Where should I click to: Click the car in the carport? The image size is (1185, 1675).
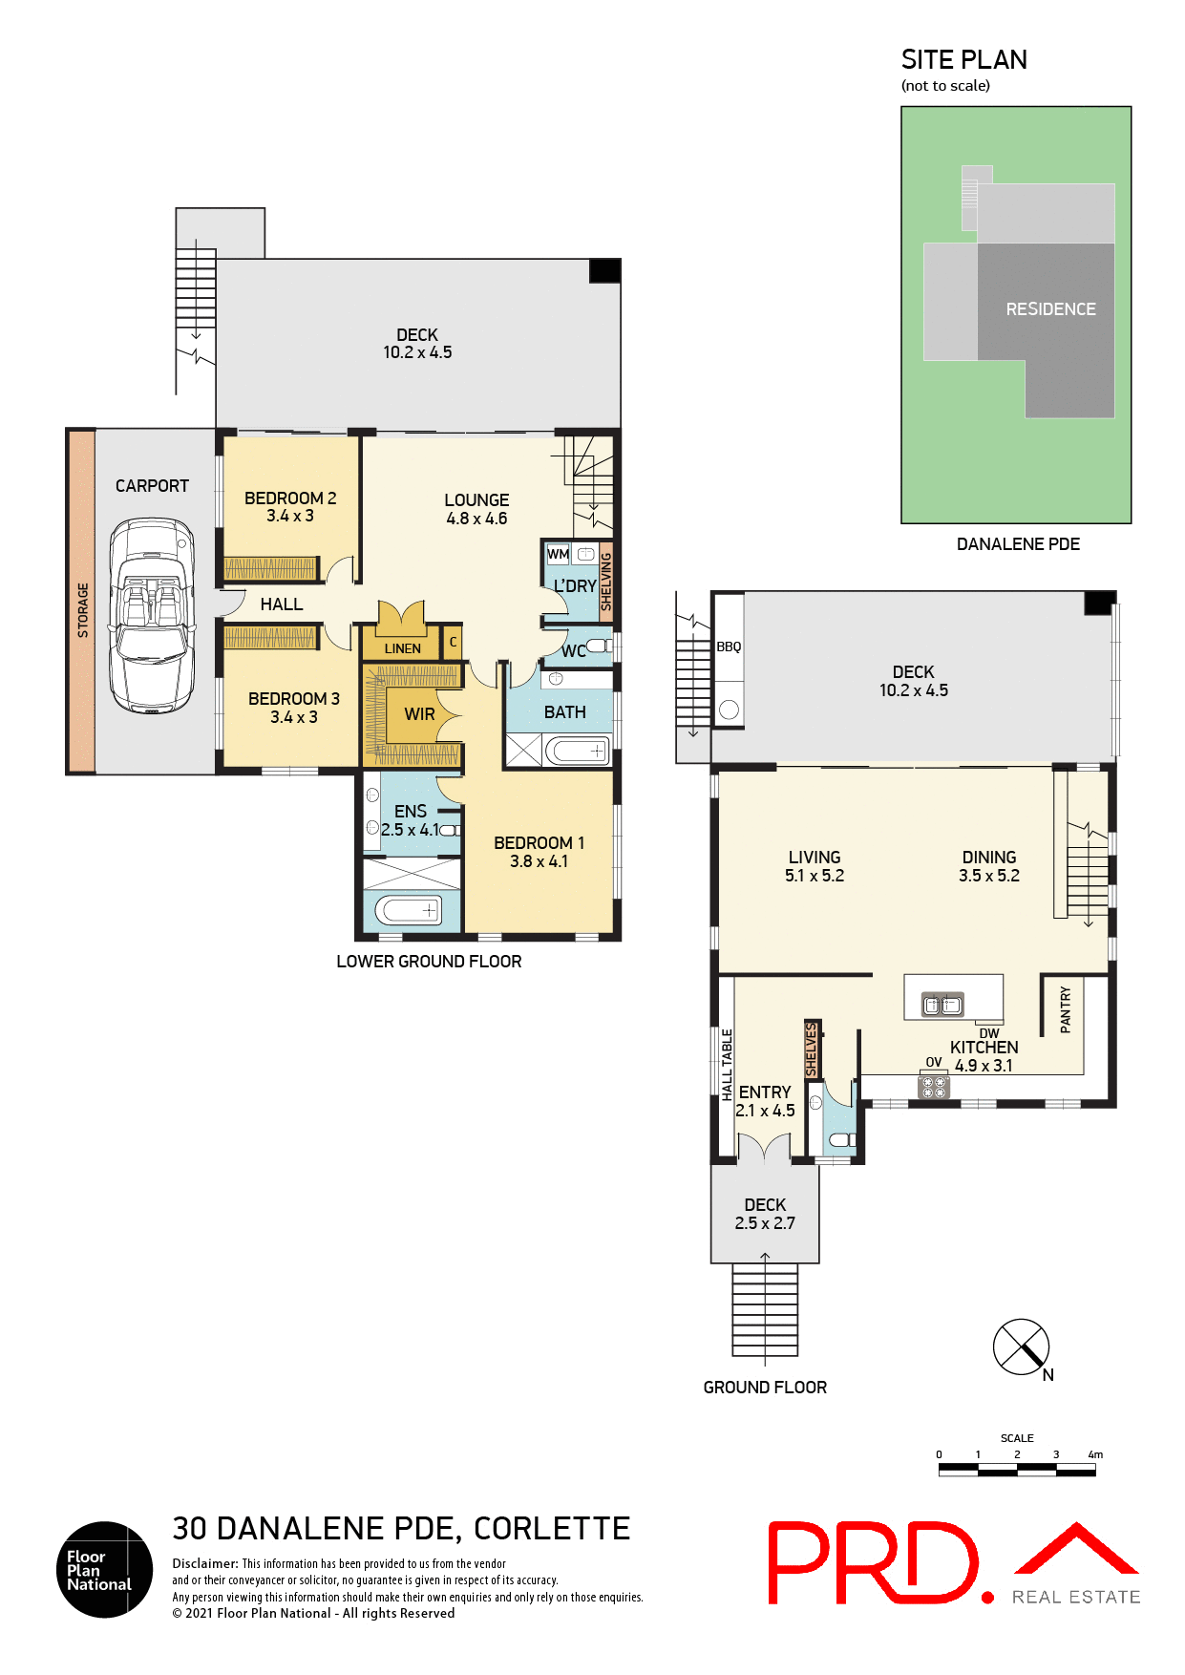pos(152,616)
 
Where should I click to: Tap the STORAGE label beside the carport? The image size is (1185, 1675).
pos(83,610)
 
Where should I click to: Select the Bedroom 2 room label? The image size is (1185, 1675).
pos(290,498)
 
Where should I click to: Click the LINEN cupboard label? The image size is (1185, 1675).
pos(402,648)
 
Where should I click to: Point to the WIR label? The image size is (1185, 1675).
pos(419,714)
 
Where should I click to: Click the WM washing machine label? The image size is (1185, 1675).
pos(558,554)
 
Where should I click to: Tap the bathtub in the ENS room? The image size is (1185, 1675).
pos(409,910)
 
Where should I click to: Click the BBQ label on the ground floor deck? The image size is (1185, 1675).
pos(729,647)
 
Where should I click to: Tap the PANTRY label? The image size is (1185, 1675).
pos(1066,1009)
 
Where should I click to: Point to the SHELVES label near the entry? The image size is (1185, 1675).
pos(812,1050)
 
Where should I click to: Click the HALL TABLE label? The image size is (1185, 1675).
pos(727,1065)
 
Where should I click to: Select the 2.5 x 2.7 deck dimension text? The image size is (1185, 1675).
pos(765,1223)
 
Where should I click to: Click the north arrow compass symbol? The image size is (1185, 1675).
pos(1022,1347)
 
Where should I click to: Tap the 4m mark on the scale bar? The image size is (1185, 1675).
pos(1095,1455)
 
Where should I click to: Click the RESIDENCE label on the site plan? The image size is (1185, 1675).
pos(1050,309)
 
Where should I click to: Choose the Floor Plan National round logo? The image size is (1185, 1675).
pos(104,1569)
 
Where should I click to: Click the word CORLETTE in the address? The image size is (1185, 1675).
pos(552,1529)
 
